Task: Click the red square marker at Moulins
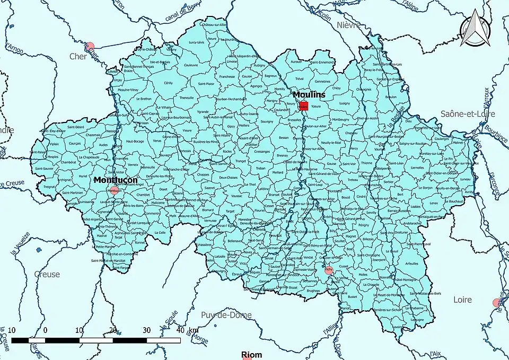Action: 303,106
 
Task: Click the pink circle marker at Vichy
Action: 329,270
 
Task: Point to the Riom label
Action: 252,355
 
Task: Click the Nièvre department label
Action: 348,25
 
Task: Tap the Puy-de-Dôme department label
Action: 226,315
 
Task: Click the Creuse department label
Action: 47,274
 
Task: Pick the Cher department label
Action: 78,56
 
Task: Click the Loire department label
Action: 462,300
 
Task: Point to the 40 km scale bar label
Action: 186,330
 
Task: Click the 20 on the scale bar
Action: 112,330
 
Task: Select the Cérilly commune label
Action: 168,83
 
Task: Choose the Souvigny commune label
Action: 267,122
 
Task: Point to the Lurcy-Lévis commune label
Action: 196,42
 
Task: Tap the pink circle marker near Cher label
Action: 90,47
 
